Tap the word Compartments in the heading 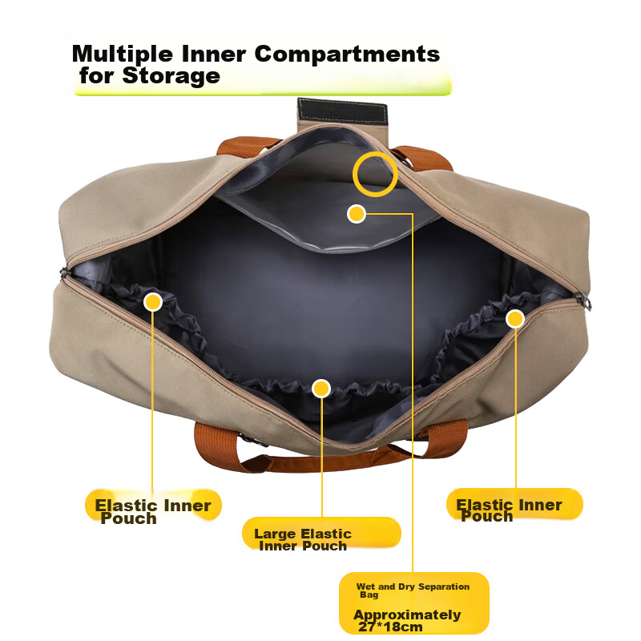347,54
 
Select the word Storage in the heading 171,77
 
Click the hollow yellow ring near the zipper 376,174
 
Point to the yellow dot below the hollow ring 357,214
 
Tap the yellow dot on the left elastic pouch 153,302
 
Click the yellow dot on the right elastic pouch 515,319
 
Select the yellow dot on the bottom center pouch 321,389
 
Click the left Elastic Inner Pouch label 152,511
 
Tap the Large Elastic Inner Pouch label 303,539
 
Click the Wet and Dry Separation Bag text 413,591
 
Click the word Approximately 407,615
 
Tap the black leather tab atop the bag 342,111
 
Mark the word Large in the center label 274,534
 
